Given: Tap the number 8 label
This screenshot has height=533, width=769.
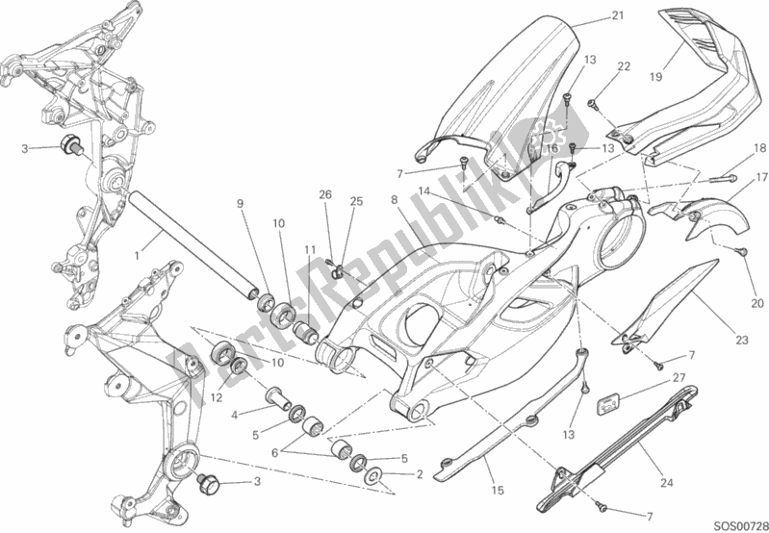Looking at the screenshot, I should (395, 199).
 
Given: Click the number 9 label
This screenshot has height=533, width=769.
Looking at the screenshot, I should (241, 203).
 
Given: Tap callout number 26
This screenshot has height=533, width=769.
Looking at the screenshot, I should (325, 194).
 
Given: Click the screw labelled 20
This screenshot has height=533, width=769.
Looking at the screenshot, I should (742, 251).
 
